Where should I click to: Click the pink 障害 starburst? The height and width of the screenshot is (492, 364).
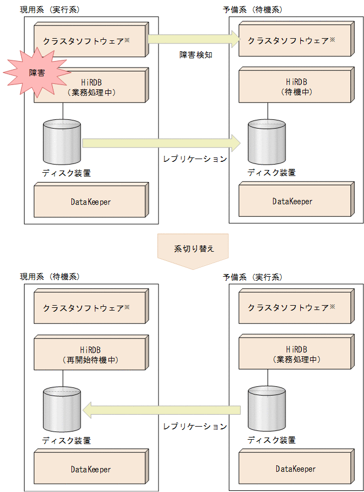36,72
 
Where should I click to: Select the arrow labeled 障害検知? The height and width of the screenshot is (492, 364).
193,39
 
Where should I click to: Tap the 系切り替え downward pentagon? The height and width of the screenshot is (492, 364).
193,251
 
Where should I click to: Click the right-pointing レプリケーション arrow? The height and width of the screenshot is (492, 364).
161,143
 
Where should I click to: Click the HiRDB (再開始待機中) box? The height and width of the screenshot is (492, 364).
90,354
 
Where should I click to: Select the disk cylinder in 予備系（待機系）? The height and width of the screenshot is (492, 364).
266,142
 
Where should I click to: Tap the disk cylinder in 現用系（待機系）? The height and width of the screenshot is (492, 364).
62,409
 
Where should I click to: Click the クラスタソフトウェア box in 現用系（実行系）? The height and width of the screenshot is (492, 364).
90,41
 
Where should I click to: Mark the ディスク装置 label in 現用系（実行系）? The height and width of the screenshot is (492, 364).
66,173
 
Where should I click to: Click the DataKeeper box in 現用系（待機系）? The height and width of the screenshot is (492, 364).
90,469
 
